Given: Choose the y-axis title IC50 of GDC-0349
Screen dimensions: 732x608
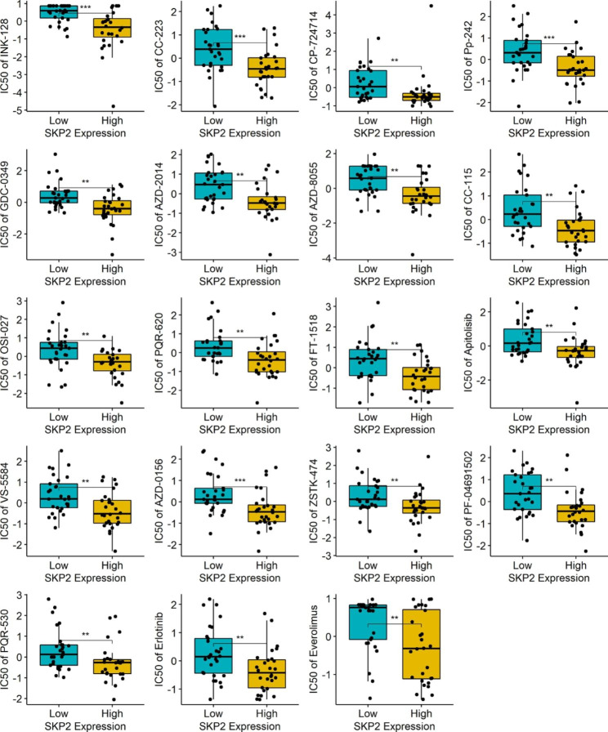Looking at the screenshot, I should point(11,203).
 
